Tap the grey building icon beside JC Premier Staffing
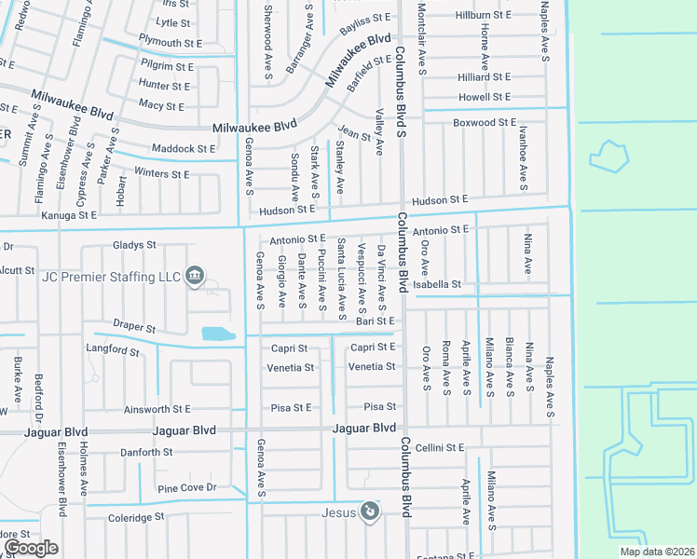(x=195, y=275)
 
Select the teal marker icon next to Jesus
(x=370, y=511)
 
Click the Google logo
(x=31, y=548)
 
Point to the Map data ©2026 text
(x=657, y=552)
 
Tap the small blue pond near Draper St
(x=217, y=333)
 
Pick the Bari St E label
(x=376, y=321)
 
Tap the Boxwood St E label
(x=484, y=123)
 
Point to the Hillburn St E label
(x=483, y=16)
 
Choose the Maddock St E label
(x=184, y=149)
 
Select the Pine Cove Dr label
(x=186, y=488)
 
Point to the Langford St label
(x=111, y=350)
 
